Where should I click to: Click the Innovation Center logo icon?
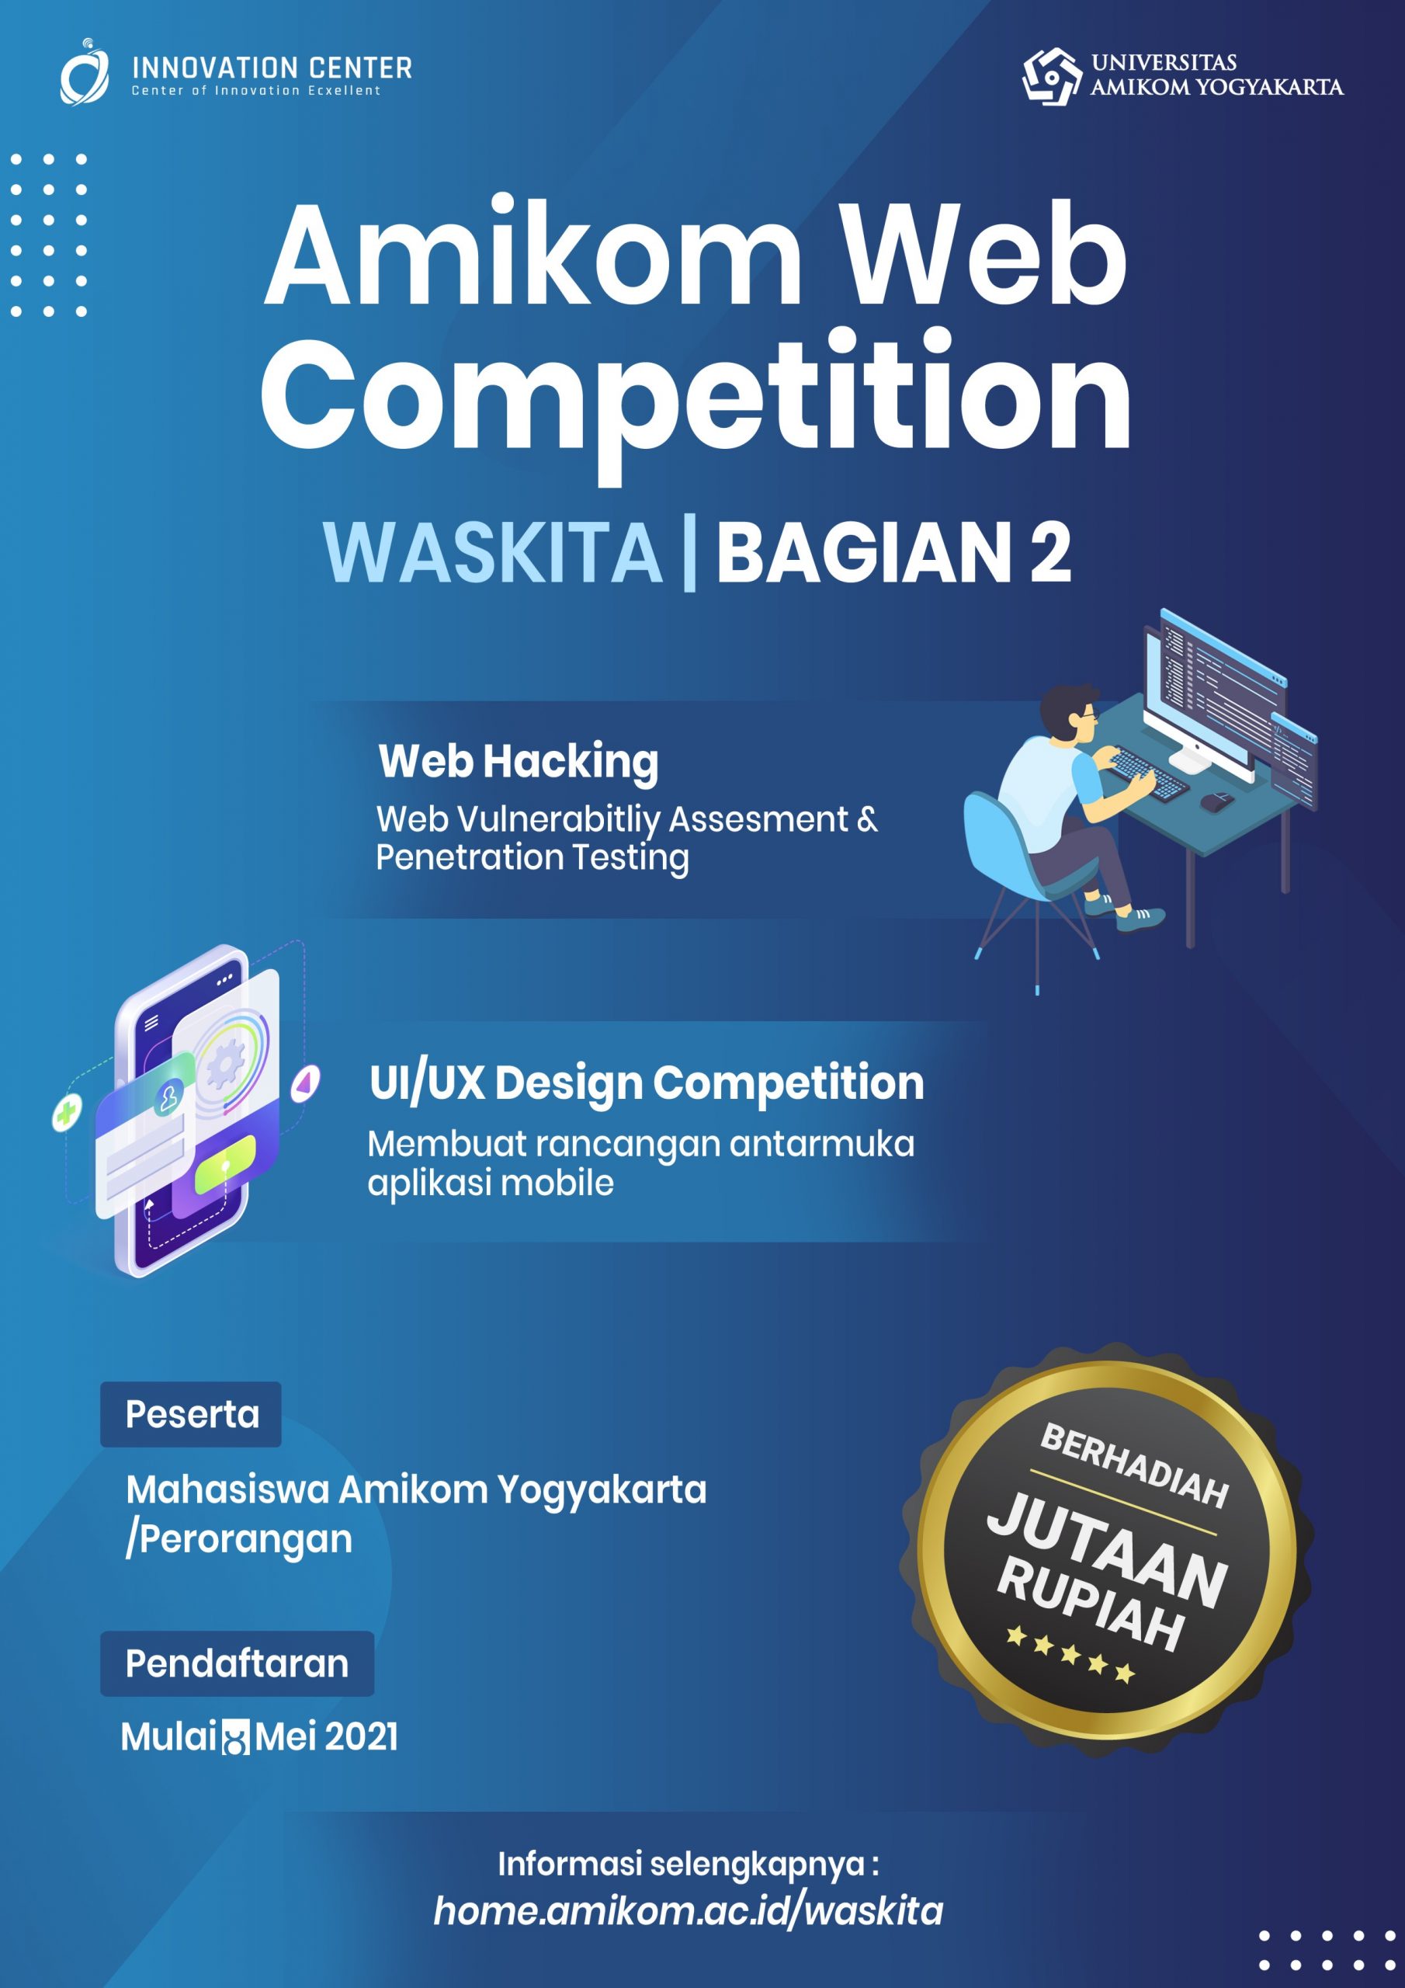click(x=84, y=73)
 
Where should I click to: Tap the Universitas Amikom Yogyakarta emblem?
click(x=1051, y=76)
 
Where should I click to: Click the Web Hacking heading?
click(x=518, y=761)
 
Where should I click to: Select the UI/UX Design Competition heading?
click(x=646, y=1083)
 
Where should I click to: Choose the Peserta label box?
click(x=191, y=1414)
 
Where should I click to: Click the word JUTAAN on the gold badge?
click(x=1106, y=1549)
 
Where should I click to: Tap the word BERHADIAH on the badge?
click(x=1134, y=1463)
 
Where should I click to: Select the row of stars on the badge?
click(x=1070, y=1655)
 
